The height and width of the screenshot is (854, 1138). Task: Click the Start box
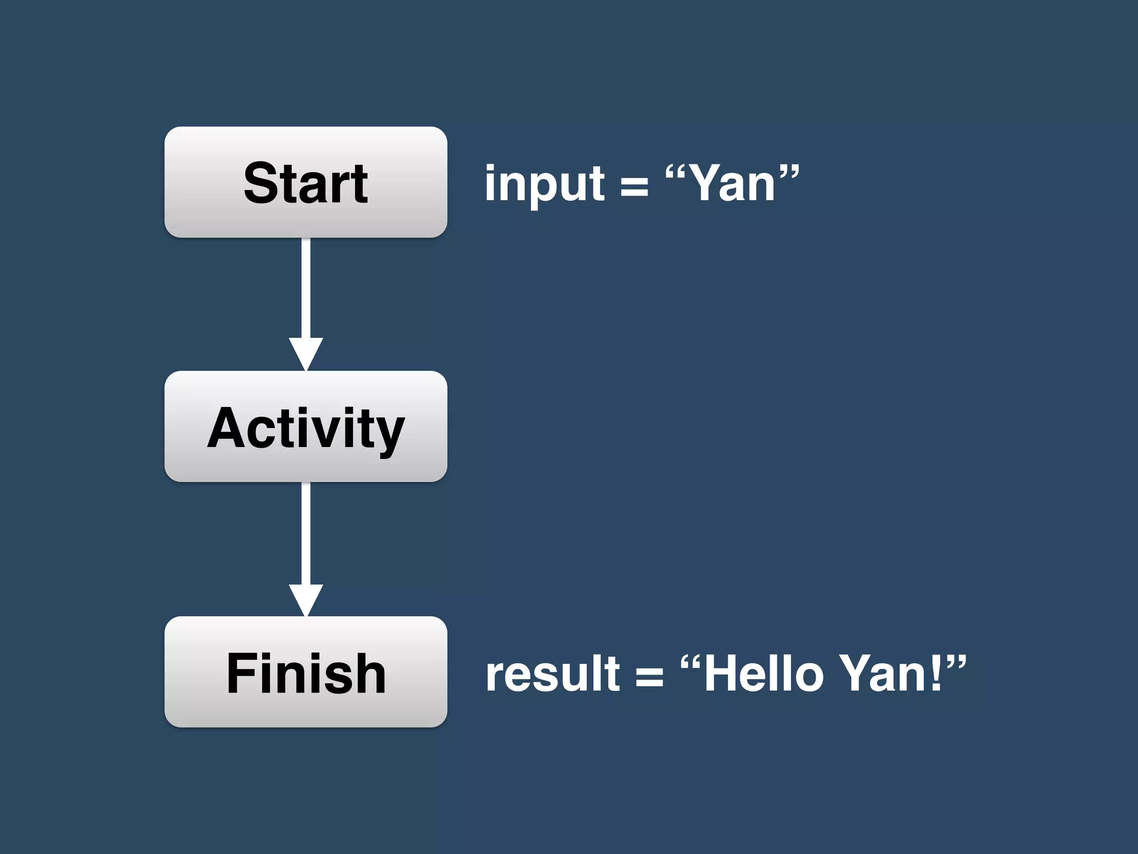pos(306,182)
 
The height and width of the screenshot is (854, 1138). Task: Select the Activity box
pos(306,426)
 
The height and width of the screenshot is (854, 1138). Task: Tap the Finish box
pos(306,672)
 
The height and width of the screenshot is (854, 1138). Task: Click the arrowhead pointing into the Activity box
pos(306,352)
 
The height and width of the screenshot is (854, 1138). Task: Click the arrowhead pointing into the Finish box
pos(306,599)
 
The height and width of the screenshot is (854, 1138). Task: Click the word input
pos(544,185)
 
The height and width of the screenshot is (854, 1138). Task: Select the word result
pos(552,674)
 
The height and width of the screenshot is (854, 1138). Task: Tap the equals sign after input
pos(634,187)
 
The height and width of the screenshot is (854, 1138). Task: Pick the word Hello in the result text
pos(763,673)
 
